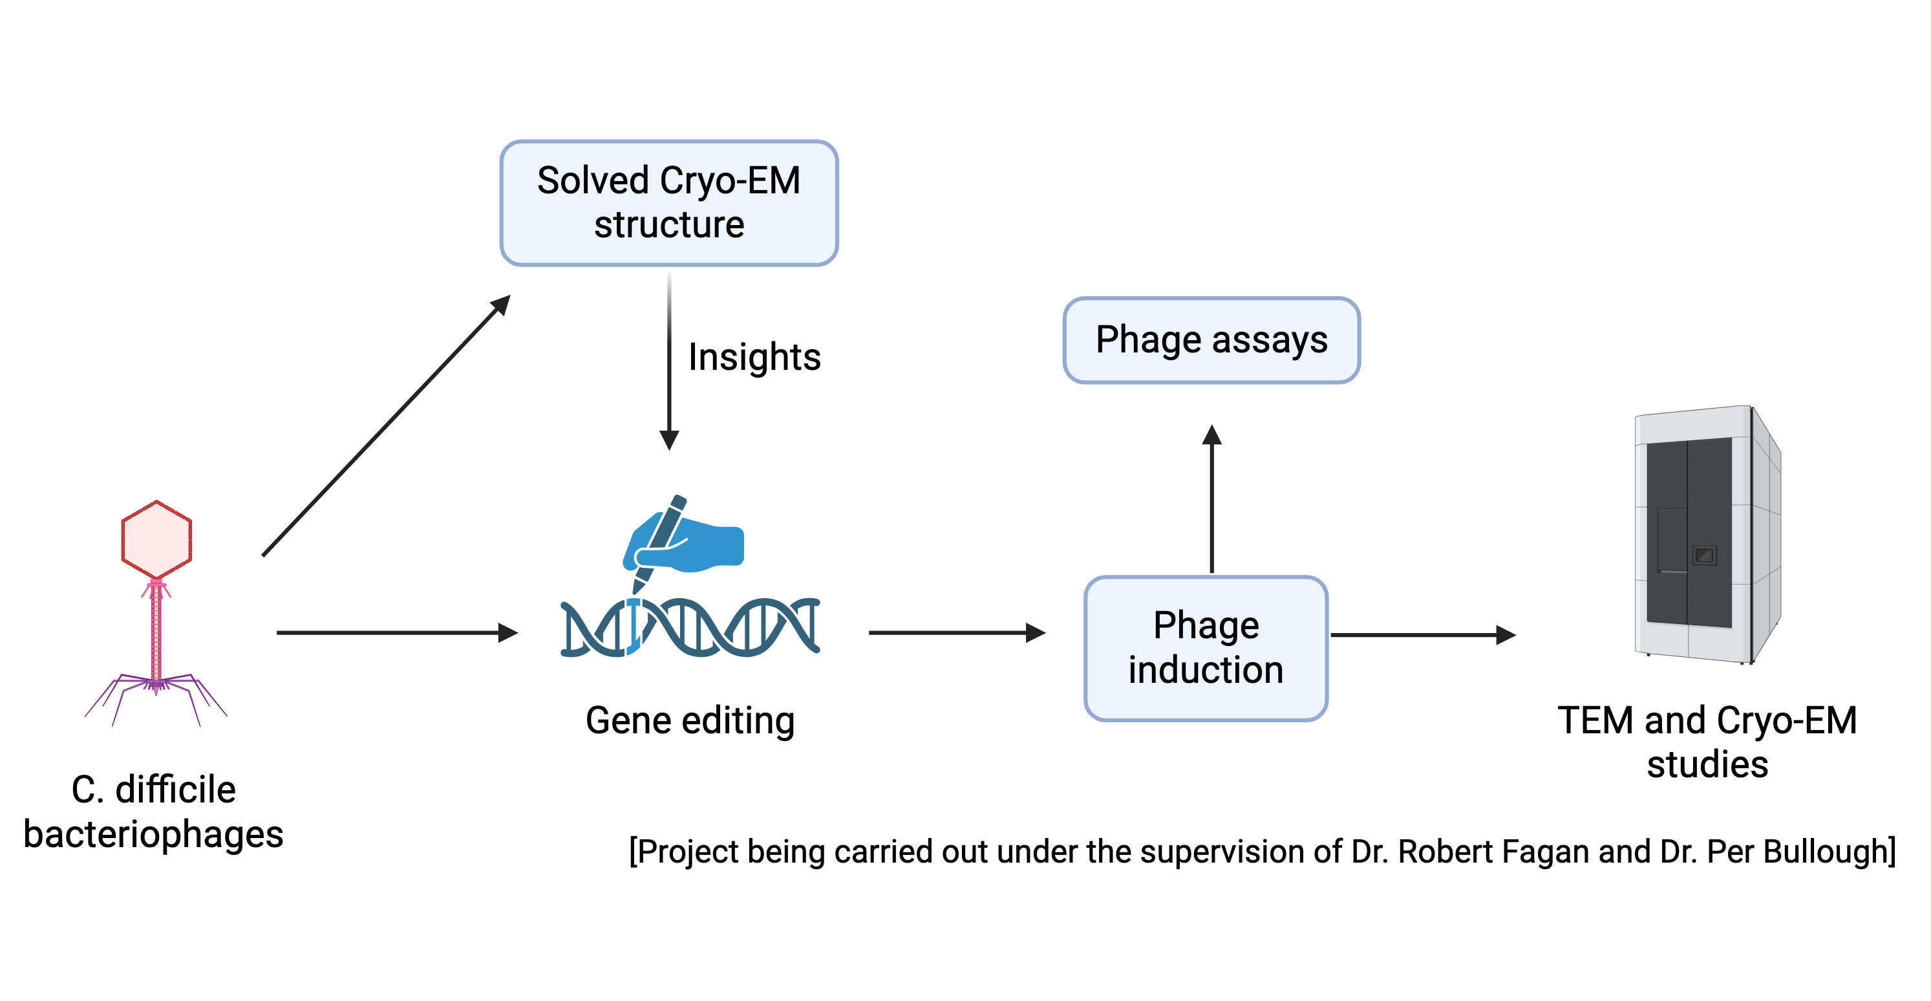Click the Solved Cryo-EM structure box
[668, 203]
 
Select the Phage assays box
[1211, 340]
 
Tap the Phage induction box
[1206, 649]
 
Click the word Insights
[754, 358]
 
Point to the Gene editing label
[690, 720]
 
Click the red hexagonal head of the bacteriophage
[156, 539]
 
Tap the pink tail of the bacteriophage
[156, 634]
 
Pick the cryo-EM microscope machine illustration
[1707, 535]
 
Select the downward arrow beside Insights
[669, 361]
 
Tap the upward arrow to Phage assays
[1212, 499]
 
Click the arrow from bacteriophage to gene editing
[398, 633]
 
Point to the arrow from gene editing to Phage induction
[957, 633]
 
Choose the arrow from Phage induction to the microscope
[1424, 635]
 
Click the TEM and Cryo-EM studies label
[1707, 742]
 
